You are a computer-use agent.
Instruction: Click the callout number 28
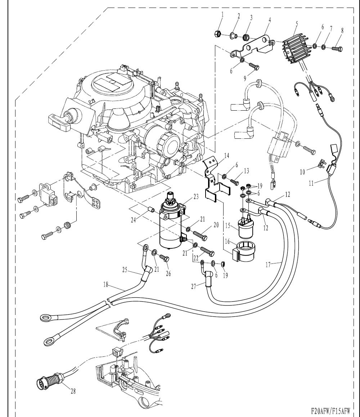pos(73,392)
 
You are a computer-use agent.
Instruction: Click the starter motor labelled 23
pos(171,227)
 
